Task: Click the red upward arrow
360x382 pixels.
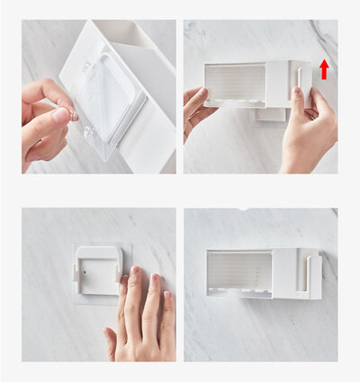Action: [324, 69]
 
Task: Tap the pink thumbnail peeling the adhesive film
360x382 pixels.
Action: [60, 115]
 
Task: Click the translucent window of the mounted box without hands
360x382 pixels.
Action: [239, 269]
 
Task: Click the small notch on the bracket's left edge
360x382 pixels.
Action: [75, 270]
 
